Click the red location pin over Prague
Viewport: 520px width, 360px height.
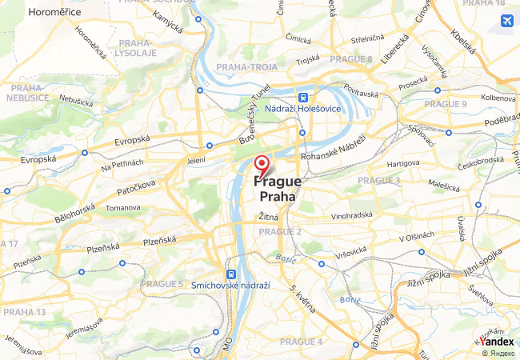click(x=261, y=165)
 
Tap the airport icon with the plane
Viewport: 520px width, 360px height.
click(x=506, y=20)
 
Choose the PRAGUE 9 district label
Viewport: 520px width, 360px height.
click(x=446, y=103)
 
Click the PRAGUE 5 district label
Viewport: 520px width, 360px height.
click(x=162, y=283)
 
